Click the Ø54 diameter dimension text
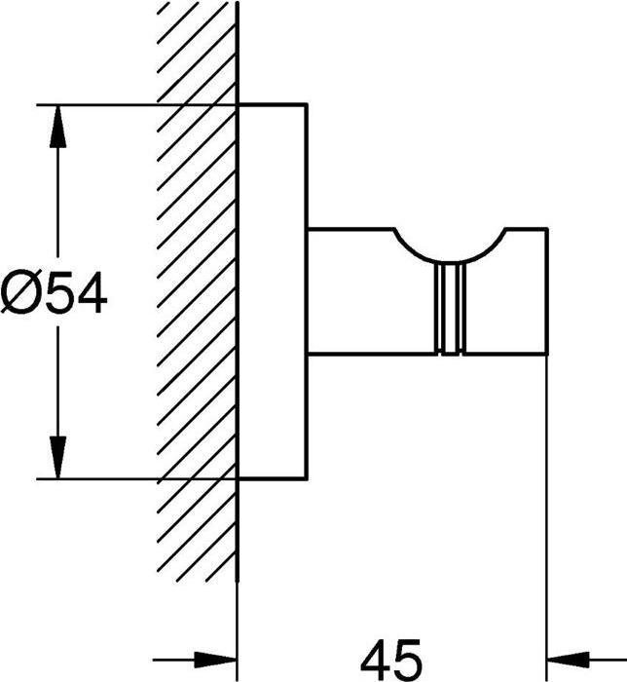(53, 291)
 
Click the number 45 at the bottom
(391, 660)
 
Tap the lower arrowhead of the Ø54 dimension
(57, 457)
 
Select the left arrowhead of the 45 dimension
(215, 660)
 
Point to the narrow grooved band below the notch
(450, 308)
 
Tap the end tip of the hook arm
(546, 291)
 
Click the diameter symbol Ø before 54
(18, 291)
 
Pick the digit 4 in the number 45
(376, 660)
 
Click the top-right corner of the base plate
(308, 105)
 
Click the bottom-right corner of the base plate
(308, 479)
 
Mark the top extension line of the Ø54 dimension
(137, 105)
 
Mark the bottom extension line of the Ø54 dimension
(137, 479)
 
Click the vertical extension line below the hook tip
(546, 517)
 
